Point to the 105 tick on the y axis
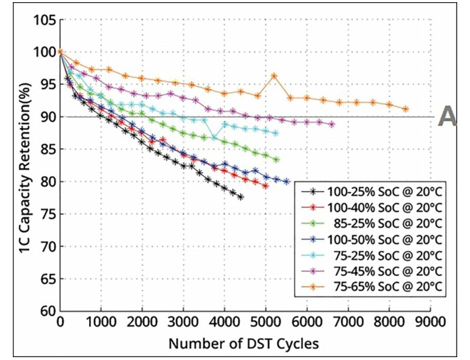pyautogui.click(x=43, y=19)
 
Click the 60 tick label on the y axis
pyautogui.click(x=46, y=311)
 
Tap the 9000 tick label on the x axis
pyautogui.click(x=429, y=323)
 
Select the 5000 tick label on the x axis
pyautogui.click(x=266, y=323)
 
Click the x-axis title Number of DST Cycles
pyautogui.click(x=244, y=344)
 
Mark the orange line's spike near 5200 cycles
pyautogui.click(x=274, y=75)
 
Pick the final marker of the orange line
pyautogui.click(x=405, y=109)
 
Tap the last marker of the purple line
pyautogui.click(x=332, y=124)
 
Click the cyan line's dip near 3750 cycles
pyautogui.click(x=214, y=138)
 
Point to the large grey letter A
pyautogui.click(x=447, y=116)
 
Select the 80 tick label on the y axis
pyautogui.click(x=46, y=181)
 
